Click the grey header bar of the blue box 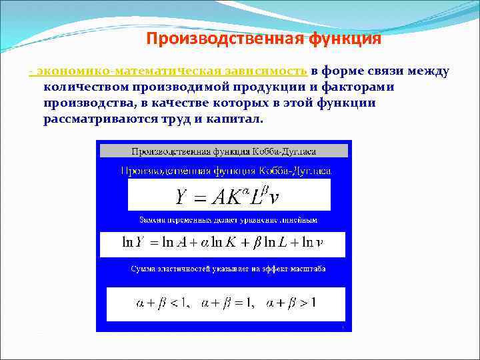(223, 150)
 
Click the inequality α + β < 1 (161, 303)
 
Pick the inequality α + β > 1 (291, 303)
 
